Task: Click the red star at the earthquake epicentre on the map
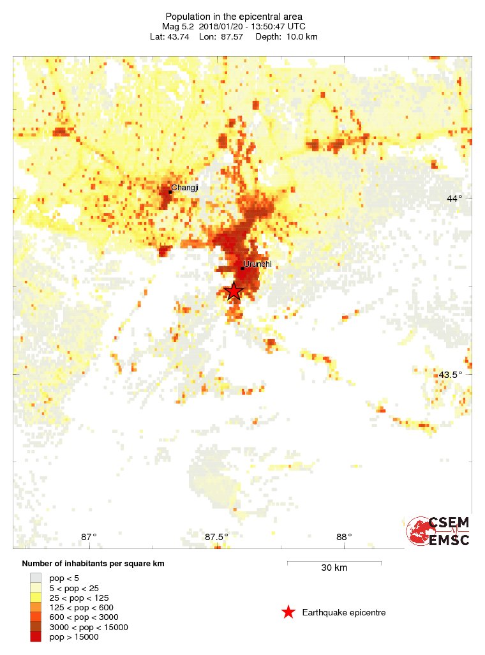point(234,290)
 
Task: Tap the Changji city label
point(184,188)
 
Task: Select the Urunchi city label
point(258,263)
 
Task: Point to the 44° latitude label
point(454,199)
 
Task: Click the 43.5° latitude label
point(451,375)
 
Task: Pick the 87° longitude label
point(89,537)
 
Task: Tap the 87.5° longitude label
point(216,537)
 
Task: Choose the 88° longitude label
point(343,537)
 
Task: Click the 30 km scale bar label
point(334,568)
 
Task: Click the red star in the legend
point(288,612)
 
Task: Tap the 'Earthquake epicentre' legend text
point(344,613)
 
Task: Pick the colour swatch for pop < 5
point(36,578)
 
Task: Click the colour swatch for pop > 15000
point(36,637)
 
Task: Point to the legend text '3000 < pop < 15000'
point(89,628)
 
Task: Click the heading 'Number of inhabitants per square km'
point(93,564)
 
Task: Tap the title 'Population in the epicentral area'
point(234,16)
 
